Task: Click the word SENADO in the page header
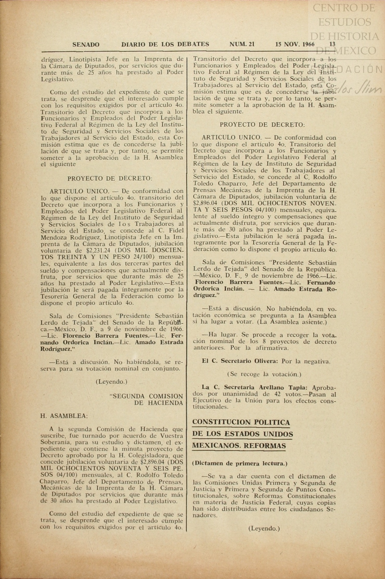click(86, 45)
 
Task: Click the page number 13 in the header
click(332, 44)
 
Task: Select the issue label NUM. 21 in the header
click(242, 44)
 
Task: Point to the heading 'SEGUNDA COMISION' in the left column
click(147, 396)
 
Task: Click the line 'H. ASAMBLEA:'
click(64, 416)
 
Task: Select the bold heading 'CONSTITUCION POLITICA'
click(241, 422)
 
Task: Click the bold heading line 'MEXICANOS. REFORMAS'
click(239, 446)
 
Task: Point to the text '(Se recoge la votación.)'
click(264, 374)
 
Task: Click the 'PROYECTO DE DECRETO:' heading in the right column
click(262, 125)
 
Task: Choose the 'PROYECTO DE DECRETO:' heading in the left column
click(110, 179)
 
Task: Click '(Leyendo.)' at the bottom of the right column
click(264, 528)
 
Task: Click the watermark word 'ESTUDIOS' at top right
click(345, 22)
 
